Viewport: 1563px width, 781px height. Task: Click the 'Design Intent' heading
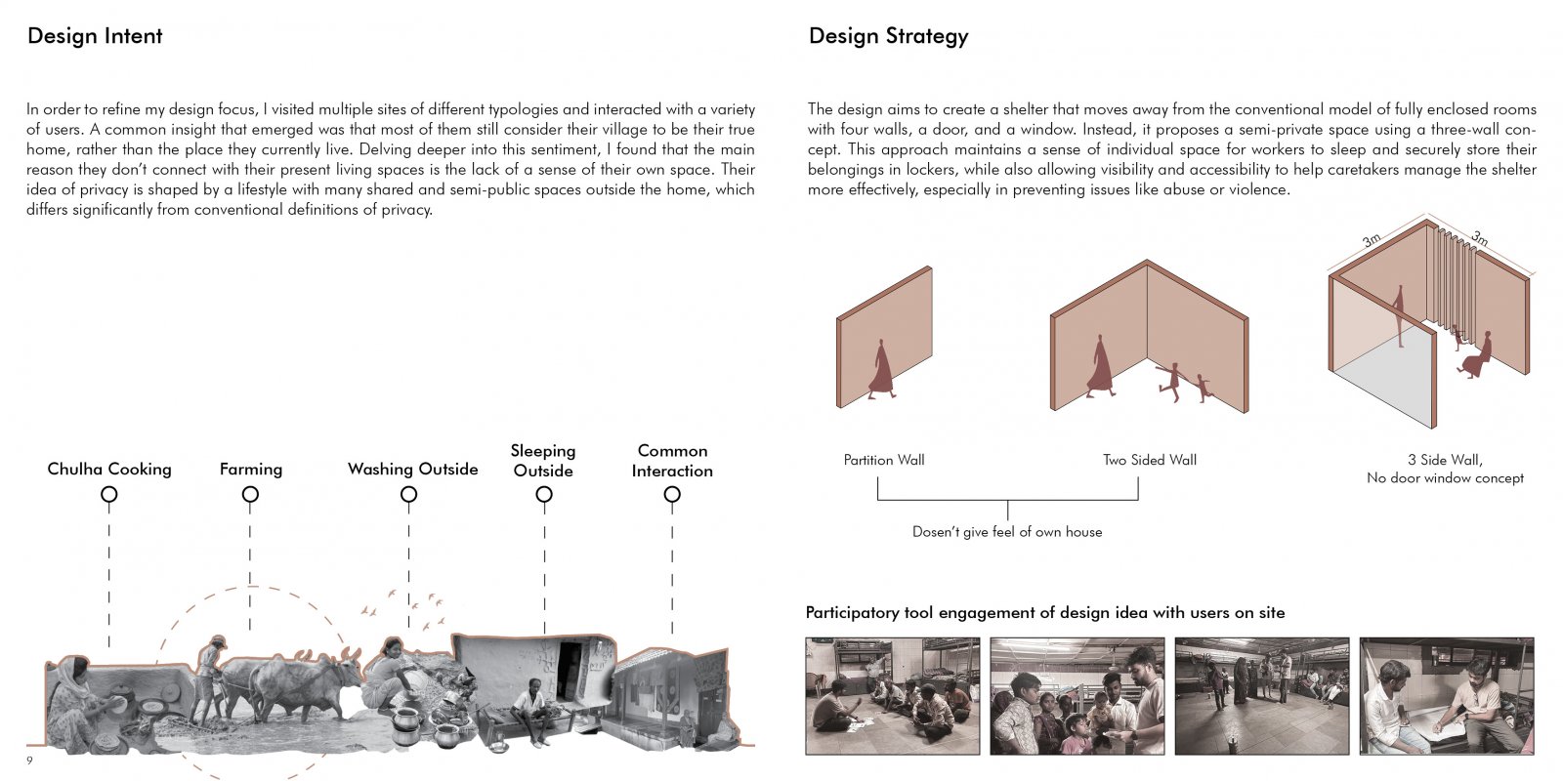pyautogui.click(x=95, y=35)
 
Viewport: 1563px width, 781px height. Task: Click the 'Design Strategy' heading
pyautogui.click(x=888, y=36)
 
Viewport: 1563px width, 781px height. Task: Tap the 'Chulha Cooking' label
pyautogui.click(x=109, y=470)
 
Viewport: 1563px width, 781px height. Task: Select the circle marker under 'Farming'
pyautogui.click(x=250, y=494)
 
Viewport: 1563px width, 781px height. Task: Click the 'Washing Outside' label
pyautogui.click(x=413, y=470)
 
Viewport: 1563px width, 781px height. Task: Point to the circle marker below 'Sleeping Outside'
pyautogui.click(x=544, y=494)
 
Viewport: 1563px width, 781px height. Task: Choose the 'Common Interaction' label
pyautogui.click(x=673, y=461)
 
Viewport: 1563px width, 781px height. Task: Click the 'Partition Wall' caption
pyautogui.click(x=884, y=460)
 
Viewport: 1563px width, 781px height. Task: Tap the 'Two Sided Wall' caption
pyautogui.click(x=1150, y=460)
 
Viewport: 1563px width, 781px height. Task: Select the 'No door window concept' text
pyautogui.click(x=1445, y=478)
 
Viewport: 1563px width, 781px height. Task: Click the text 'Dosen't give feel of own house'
pyautogui.click(x=1007, y=532)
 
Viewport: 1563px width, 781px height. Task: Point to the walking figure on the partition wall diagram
pyautogui.click(x=881, y=369)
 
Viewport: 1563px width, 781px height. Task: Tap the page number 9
pyautogui.click(x=29, y=760)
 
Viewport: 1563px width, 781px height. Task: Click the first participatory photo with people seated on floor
pyautogui.click(x=893, y=696)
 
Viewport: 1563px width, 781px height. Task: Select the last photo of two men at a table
pyautogui.click(x=1447, y=696)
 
